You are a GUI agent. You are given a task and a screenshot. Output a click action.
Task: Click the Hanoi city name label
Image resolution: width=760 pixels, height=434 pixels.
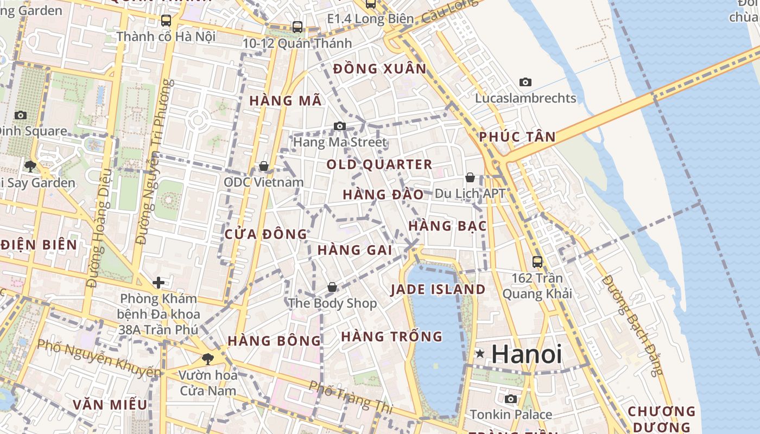[527, 355]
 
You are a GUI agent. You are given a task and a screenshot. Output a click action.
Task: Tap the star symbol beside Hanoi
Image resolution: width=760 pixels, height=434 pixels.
[480, 354]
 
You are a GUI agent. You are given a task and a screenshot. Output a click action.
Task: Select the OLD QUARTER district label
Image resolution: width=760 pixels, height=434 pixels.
[379, 165]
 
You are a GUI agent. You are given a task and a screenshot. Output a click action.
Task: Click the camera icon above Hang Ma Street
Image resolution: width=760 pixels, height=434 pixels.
[340, 126]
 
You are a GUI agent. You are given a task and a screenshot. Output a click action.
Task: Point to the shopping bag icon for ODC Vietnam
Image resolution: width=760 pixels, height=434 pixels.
[264, 165]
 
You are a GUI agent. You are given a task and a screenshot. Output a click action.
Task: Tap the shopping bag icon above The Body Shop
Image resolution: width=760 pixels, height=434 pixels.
[332, 286]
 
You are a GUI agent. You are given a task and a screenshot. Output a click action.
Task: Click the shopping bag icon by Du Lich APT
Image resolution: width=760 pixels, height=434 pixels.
[470, 177]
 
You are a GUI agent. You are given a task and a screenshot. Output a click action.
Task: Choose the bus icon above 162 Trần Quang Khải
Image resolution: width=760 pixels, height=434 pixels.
[537, 261]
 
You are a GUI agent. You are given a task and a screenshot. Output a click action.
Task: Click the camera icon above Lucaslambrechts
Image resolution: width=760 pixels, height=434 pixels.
[525, 82]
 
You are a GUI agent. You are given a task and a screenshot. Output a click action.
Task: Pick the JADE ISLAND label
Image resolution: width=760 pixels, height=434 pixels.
[438, 290]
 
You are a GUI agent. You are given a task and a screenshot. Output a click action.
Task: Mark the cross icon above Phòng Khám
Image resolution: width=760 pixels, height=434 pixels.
[159, 282]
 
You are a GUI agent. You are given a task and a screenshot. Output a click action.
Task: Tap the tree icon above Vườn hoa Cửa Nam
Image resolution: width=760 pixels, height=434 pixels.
[207, 359]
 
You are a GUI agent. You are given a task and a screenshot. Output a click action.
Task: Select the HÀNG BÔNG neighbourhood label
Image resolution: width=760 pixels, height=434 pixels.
[274, 341]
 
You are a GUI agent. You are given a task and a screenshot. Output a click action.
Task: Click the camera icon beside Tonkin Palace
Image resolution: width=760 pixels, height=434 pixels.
[511, 399]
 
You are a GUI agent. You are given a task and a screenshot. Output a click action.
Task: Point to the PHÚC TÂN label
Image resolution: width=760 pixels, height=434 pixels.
[517, 137]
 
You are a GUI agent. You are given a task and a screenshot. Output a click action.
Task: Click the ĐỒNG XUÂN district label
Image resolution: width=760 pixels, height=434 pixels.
[380, 69]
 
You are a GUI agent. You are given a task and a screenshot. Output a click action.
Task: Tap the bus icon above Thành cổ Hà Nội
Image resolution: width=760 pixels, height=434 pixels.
[166, 21]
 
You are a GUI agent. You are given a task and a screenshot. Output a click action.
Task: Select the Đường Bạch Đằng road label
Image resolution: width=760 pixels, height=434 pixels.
[632, 325]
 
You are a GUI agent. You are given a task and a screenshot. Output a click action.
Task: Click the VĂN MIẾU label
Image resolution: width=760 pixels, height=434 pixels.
[110, 405]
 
